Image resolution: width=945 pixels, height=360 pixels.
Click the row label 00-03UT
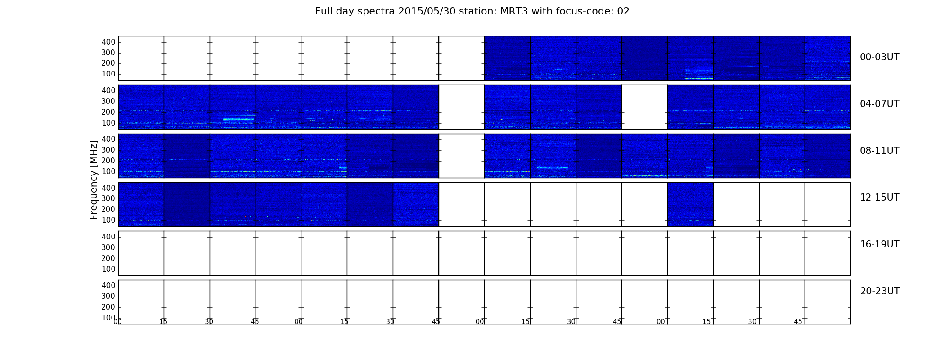point(879,57)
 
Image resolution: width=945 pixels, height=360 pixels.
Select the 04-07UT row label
point(879,104)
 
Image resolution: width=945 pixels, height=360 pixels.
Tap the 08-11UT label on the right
point(879,151)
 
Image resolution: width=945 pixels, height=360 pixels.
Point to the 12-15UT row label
point(879,198)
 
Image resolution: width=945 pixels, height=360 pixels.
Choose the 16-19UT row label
point(879,244)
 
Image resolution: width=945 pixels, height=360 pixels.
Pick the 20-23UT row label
point(880,291)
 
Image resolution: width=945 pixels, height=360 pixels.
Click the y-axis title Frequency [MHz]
point(94,180)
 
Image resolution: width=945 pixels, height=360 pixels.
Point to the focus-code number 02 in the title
point(623,11)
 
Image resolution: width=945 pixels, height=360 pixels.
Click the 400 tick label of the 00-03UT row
point(108,42)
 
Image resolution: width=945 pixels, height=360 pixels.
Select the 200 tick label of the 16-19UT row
point(108,258)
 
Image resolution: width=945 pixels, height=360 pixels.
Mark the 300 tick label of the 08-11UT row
point(108,150)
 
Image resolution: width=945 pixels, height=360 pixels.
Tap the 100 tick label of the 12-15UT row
point(108,220)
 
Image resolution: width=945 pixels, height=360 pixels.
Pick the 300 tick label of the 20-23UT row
point(108,296)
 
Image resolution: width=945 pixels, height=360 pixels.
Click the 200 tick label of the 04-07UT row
point(108,112)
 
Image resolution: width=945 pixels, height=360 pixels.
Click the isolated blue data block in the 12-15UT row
point(690,204)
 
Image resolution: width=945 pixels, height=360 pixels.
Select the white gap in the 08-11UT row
point(462,156)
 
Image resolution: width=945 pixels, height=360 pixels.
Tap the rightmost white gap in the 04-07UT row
point(644,107)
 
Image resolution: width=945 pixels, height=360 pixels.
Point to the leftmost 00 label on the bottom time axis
point(118,321)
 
